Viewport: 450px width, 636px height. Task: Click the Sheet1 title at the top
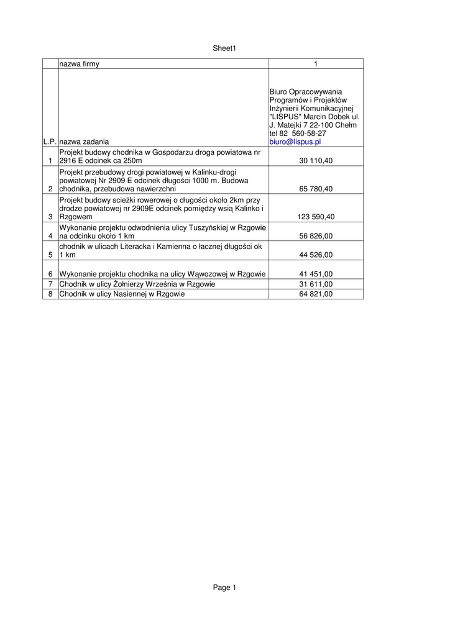pyautogui.click(x=225, y=48)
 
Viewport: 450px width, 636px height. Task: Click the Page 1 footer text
pyautogui.click(x=225, y=588)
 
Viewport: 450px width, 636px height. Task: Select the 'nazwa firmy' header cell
pyautogui.click(x=79, y=64)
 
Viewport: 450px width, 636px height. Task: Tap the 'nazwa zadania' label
pyautogui.click(x=84, y=142)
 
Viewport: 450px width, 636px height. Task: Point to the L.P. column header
pyautogui.click(x=50, y=142)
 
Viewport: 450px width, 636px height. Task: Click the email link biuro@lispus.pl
pyautogui.click(x=295, y=142)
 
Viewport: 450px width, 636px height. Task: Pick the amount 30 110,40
pyautogui.click(x=316, y=161)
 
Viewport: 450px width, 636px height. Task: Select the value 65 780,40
pyautogui.click(x=316, y=189)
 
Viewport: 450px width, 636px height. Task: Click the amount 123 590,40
pyautogui.click(x=314, y=217)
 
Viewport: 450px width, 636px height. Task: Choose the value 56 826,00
pyautogui.click(x=316, y=236)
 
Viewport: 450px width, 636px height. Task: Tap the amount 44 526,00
pyautogui.click(x=316, y=255)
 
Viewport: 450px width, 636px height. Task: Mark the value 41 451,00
pyautogui.click(x=316, y=274)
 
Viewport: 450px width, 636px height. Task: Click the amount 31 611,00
pyautogui.click(x=316, y=284)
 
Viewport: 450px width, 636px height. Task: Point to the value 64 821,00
pyautogui.click(x=316, y=294)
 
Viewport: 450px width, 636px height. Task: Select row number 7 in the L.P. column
pyautogui.click(x=50, y=284)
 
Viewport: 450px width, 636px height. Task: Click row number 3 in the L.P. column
pyautogui.click(x=50, y=217)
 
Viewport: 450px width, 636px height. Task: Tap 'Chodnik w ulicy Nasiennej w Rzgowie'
pyautogui.click(x=122, y=294)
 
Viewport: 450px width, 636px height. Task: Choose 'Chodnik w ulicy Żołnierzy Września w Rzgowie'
pyautogui.click(x=137, y=284)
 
